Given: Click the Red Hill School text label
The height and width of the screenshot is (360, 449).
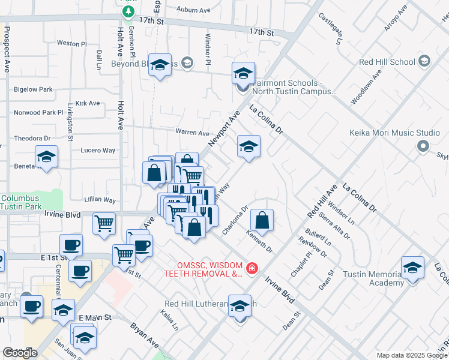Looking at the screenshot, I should click(x=387, y=62).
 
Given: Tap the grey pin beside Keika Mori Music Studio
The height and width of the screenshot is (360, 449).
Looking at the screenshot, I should click(x=423, y=146).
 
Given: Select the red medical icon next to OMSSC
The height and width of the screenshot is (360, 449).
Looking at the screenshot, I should click(x=253, y=268).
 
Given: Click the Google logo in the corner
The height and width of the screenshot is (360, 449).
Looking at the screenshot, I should click(x=20, y=353).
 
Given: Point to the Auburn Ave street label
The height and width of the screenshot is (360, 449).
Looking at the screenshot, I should click(x=193, y=10).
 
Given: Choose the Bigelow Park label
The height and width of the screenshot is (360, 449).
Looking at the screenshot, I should click(x=32, y=89).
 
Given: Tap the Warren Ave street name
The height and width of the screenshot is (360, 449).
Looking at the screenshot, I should click(x=192, y=132).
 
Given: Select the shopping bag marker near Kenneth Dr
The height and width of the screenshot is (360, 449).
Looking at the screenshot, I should click(x=262, y=221).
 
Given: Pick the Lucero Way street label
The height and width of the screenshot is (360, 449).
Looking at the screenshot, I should click(x=98, y=151).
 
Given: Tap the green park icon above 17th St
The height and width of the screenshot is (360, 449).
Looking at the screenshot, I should click(x=127, y=11).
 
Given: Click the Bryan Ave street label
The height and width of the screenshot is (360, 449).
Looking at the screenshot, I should click(x=145, y=336).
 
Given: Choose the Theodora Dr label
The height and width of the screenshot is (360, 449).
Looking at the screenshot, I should click(x=32, y=138).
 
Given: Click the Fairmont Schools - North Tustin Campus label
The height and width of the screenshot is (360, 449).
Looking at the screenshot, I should click(x=294, y=88).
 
